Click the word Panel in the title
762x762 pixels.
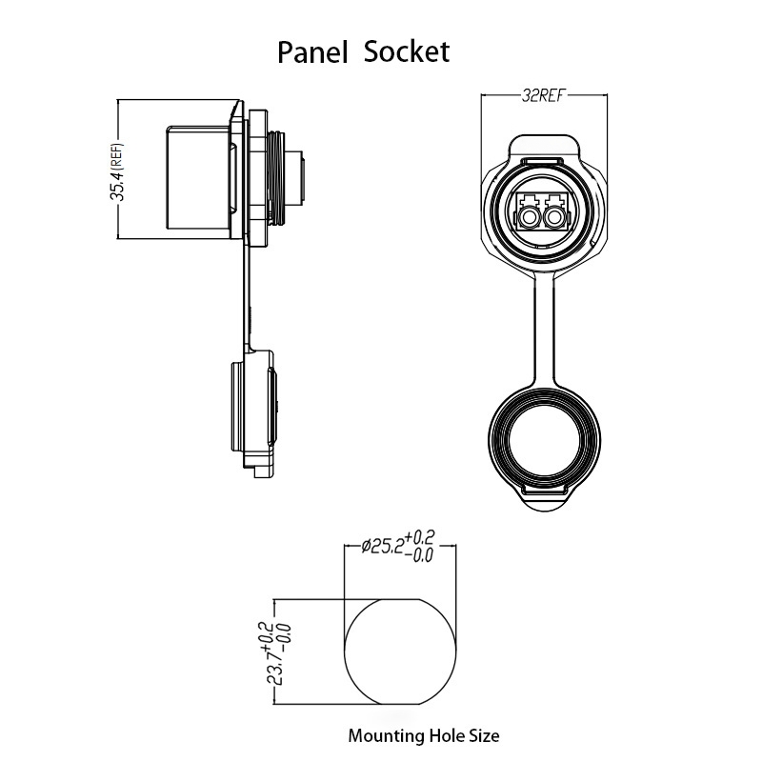point(312,52)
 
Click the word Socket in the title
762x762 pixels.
point(407,51)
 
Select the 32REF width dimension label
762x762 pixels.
point(544,95)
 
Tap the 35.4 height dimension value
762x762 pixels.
point(117,184)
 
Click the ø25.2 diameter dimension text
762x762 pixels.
point(383,546)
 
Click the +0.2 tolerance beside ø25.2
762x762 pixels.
point(419,537)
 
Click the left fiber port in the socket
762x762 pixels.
point(529,217)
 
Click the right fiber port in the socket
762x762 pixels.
point(554,217)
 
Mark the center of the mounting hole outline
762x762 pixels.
point(400,652)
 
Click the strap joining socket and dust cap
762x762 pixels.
point(544,331)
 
